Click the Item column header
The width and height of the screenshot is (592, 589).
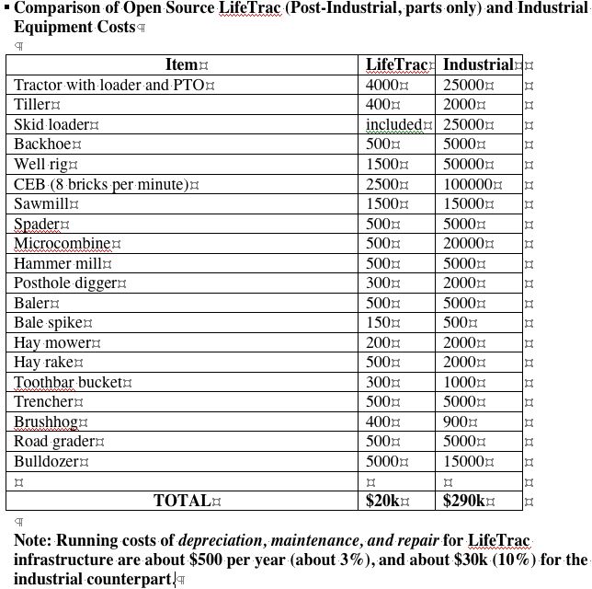click(182, 64)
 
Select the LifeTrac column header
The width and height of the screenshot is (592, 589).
click(396, 64)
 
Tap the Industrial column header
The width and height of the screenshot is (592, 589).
click(477, 64)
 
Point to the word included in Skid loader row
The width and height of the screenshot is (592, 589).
click(393, 124)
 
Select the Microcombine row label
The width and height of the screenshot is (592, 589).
click(62, 244)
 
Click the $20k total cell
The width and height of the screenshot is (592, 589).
click(383, 501)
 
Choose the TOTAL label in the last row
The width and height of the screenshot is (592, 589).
click(182, 501)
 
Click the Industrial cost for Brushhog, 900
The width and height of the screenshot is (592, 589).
click(456, 422)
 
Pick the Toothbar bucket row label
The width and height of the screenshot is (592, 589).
click(68, 382)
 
